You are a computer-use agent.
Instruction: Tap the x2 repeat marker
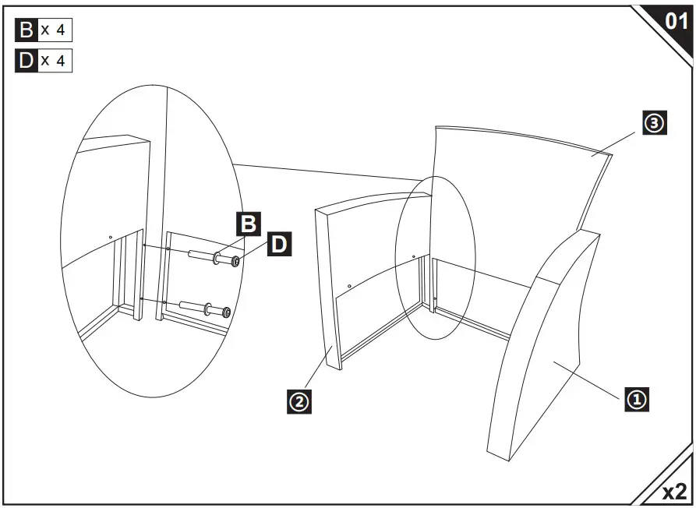[674, 491]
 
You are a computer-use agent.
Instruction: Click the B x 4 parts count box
[44, 30]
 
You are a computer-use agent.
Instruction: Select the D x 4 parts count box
[44, 61]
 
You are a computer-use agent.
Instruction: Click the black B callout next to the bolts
[247, 224]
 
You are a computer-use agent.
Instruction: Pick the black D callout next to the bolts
[279, 245]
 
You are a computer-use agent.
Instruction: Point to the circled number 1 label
[636, 400]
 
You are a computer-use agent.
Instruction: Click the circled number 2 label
[299, 402]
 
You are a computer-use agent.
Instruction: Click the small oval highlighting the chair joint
[434, 257]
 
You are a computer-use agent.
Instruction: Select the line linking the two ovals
[327, 172]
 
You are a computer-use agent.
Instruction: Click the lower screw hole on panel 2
[349, 286]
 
